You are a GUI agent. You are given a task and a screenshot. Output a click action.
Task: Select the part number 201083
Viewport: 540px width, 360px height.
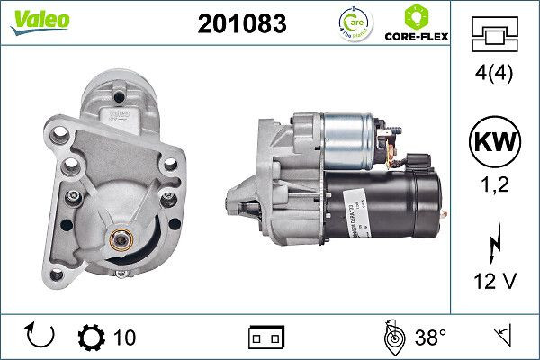click(x=241, y=24)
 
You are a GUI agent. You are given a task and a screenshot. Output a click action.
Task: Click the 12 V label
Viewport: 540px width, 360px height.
click(x=496, y=283)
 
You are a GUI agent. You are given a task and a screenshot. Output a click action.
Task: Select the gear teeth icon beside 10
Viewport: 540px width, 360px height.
click(x=92, y=337)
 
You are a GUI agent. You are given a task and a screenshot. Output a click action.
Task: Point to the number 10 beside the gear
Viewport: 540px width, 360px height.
click(x=125, y=338)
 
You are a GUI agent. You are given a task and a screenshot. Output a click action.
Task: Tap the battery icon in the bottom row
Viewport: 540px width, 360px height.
click(x=266, y=338)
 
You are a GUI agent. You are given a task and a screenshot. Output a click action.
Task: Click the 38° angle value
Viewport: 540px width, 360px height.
click(x=429, y=338)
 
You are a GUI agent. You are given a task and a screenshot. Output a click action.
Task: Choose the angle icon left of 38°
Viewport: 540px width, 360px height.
click(x=393, y=337)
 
